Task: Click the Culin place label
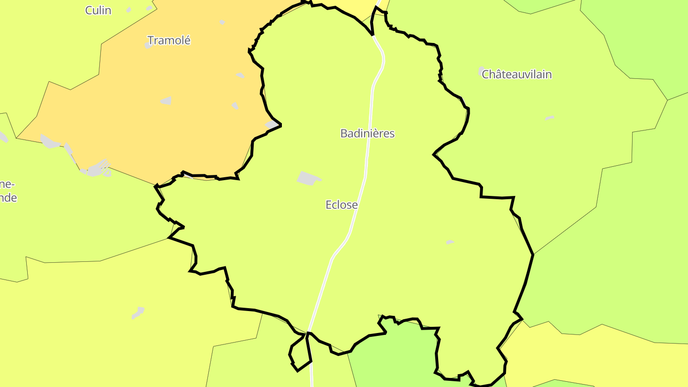[x=98, y=10]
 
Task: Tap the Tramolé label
[x=169, y=41]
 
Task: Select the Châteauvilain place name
[x=516, y=75]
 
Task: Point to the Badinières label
[x=367, y=133]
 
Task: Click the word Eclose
[x=342, y=205]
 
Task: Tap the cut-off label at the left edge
[x=8, y=191]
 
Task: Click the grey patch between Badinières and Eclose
[x=308, y=178]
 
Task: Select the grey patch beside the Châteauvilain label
[x=481, y=71]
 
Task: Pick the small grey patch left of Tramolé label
[x=148, y=45]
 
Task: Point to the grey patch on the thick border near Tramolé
[x=272, y=125]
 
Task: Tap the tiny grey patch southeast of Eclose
[x=450, y=242]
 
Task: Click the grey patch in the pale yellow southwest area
[x=138, y=313]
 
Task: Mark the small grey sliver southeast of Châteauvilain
[x=549, y=118]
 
